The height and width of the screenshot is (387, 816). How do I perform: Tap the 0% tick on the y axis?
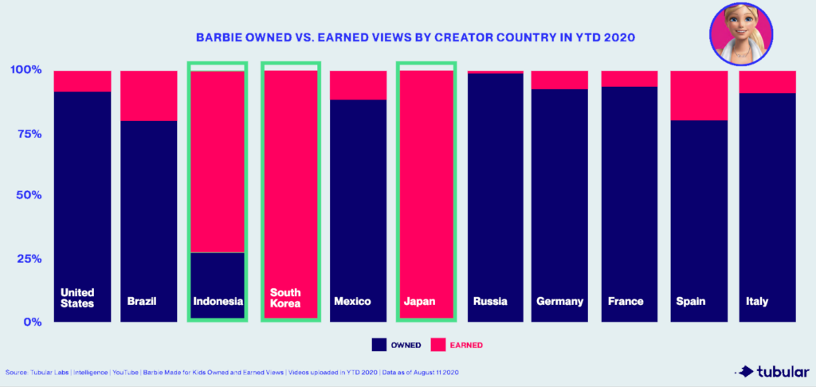pos(31,322)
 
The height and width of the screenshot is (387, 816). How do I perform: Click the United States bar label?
pos(77,297)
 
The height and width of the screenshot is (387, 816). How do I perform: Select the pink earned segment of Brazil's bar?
pos(149,96)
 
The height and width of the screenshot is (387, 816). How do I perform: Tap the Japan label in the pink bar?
pos(420,302)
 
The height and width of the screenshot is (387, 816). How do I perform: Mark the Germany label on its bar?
pos(559,302)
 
